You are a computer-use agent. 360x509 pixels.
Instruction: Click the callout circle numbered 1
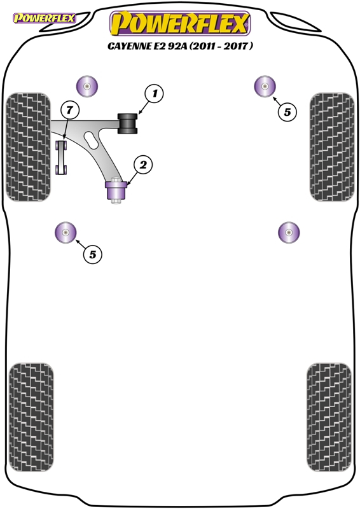tap(154, 94)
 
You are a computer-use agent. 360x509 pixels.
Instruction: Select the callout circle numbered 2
tap(143, 165)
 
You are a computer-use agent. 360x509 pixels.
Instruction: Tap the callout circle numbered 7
tap(70, 110)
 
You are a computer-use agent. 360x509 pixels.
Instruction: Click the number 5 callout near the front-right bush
tap(287, 112)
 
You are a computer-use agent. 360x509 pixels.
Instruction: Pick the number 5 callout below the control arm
tap(92, 254)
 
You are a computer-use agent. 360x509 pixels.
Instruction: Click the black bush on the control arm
tap(127, 123)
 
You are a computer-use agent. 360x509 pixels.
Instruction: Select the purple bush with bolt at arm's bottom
tap(116, 190)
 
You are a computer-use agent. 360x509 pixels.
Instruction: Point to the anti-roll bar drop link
tap(61, 157)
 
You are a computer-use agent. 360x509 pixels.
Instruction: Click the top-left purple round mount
tap(87, 87)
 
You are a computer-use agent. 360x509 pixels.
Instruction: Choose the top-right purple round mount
tap(265, 86)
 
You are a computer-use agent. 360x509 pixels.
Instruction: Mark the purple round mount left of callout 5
tap(66, 232)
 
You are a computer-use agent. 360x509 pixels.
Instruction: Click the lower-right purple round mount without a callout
tap(289, 232)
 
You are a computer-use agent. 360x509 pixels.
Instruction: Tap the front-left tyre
tap(28, 147)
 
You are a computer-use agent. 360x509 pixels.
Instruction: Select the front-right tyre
tap(332, 147)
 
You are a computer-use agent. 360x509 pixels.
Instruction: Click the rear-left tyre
tap(31, 417)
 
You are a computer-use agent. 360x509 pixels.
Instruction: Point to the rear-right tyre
tap(329, 417)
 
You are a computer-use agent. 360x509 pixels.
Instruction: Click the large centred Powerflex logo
tap(180, 23)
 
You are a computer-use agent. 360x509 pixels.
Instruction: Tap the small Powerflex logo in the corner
tap(44, 18)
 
